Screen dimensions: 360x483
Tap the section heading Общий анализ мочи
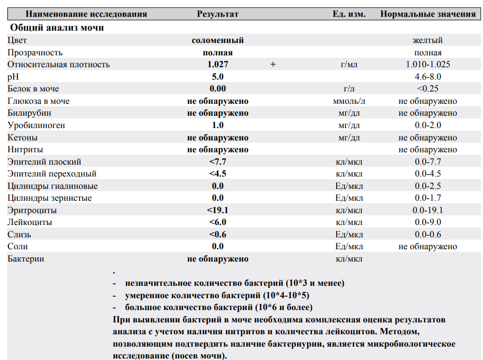tap(57, 28)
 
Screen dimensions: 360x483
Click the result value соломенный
tap(218, 41)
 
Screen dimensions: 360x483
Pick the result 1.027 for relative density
tap(218, 64)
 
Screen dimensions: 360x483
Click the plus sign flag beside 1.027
tap(273, 64)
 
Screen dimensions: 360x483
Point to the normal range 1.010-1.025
tap(428, 64)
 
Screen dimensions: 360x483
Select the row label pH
tap(12, 77)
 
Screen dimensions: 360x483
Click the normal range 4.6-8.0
tap(428, 77)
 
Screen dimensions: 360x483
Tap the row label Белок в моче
tap(33, 89)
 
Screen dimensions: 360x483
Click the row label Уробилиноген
tap(36, 126)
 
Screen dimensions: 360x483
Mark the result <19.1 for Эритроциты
tap(218, 210)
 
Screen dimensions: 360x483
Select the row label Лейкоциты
tap(30, 223)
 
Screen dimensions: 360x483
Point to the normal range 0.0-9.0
tap(428, 223)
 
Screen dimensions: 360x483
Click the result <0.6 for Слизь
tap(218, 234)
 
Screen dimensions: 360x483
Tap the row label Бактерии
tap(26, 259)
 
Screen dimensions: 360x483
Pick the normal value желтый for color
tap(428, 41)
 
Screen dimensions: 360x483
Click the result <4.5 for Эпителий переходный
tap(218, 174)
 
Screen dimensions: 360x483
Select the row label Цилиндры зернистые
tap(49, 198)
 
